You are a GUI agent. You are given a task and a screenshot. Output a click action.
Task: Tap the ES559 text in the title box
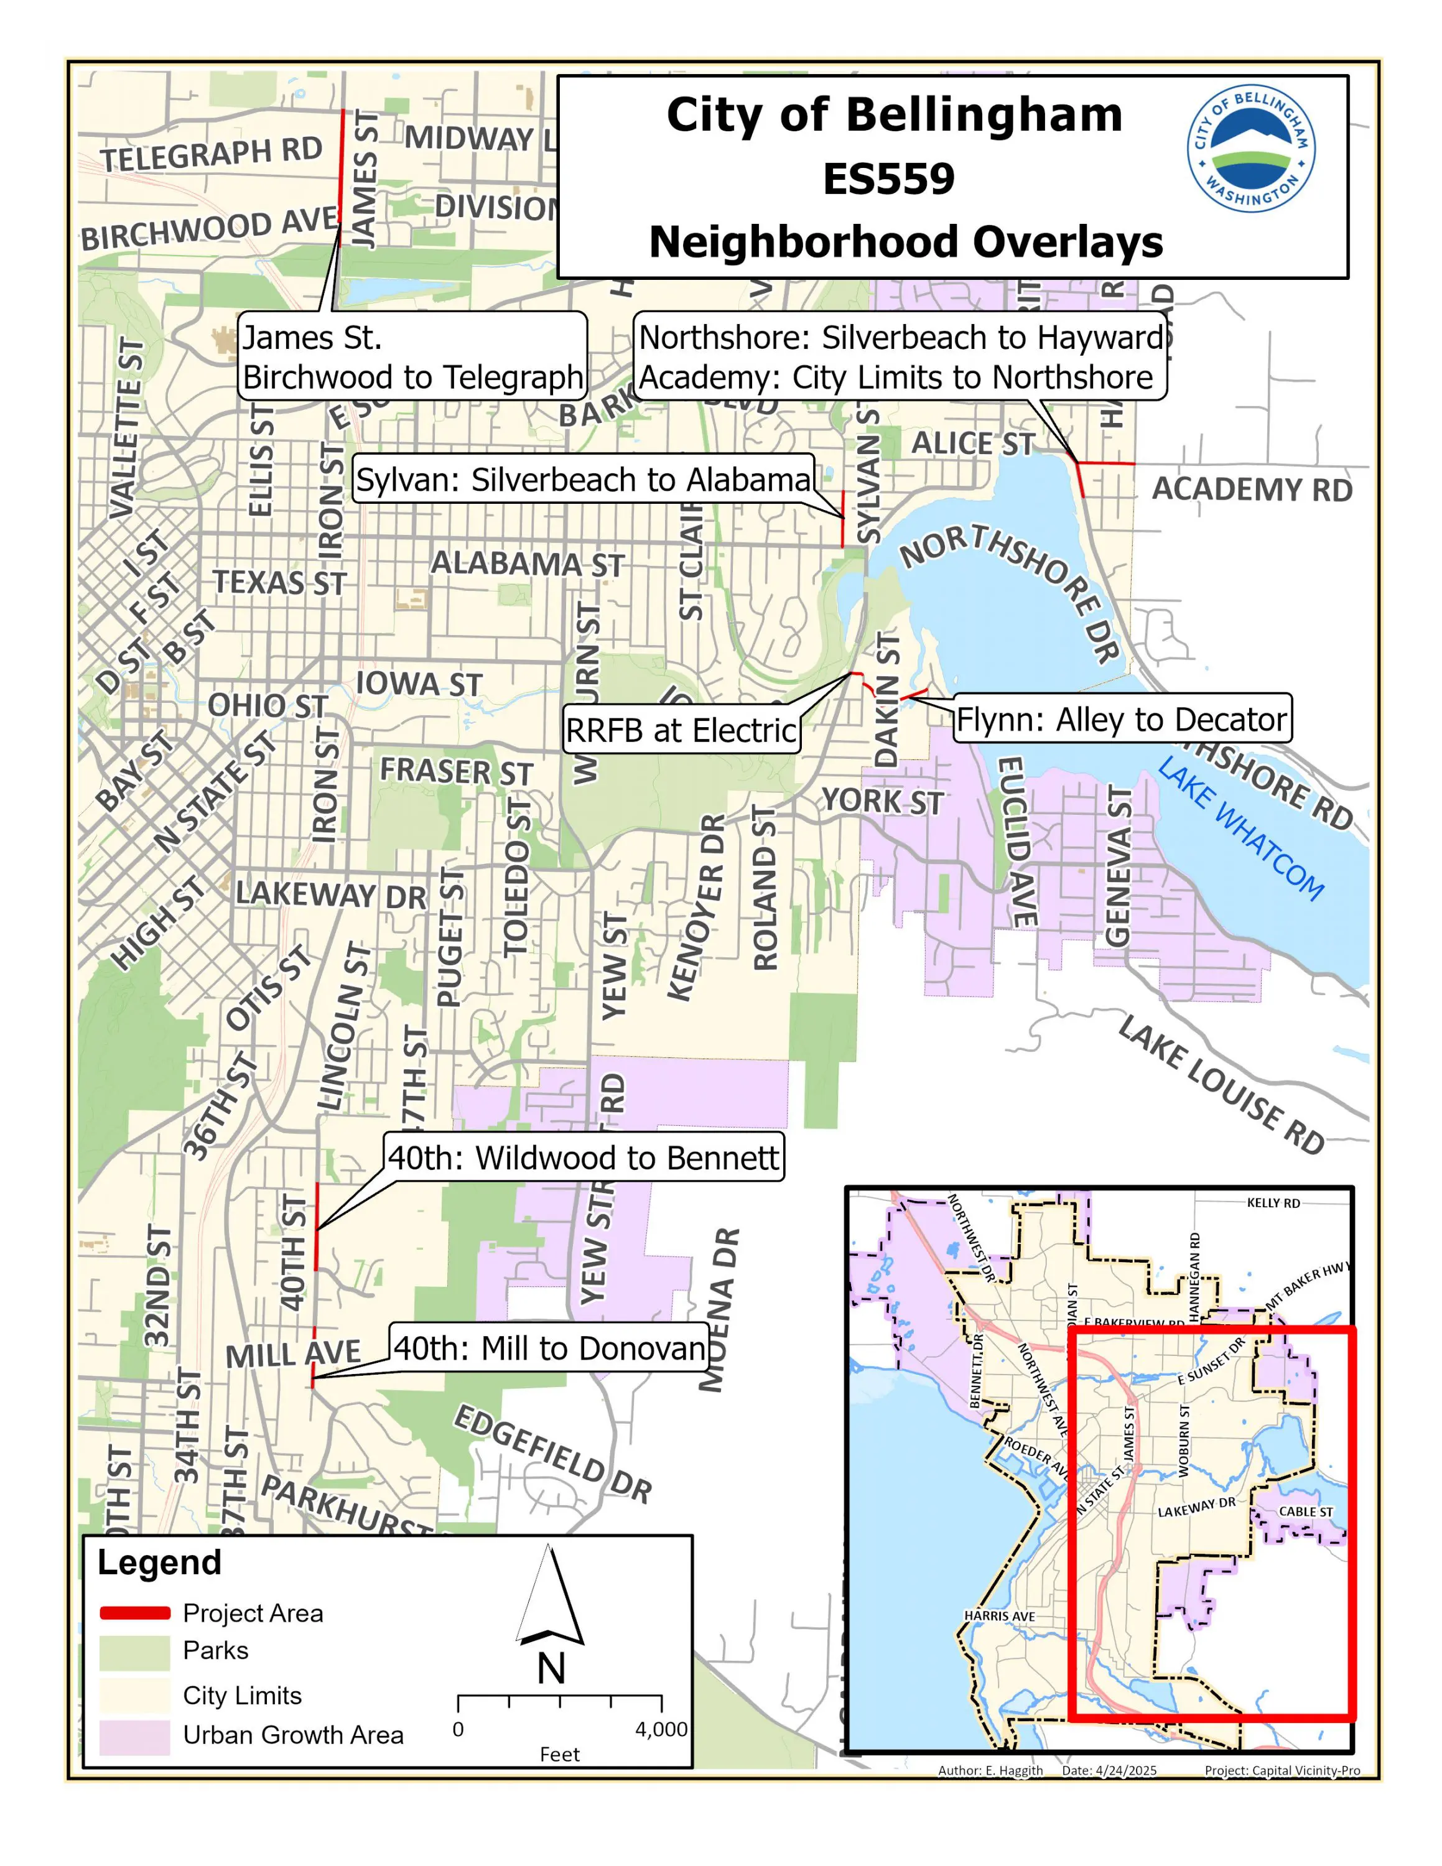[x=888, y=179]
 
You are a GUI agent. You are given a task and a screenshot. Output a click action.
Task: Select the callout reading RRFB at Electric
[x=682, y=730]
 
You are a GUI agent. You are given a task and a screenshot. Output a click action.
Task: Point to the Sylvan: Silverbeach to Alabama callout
[x=584, y=480]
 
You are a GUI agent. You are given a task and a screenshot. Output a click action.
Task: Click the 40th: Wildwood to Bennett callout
[x=584, y=1157]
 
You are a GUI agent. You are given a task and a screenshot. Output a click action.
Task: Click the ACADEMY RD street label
[x=1252, y=490]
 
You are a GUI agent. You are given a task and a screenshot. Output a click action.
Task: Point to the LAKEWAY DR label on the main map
[x=330, y=894]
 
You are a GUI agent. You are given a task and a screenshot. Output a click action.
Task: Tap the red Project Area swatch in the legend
[x=135, y=1612]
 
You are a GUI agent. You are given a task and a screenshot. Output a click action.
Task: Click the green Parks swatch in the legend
[x=135, y=1653]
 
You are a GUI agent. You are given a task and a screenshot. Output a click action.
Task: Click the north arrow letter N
[x=551, y=1669]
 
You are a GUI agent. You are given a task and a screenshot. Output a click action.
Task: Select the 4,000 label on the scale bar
[x=661, y=1729]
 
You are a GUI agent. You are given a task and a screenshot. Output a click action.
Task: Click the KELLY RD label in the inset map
[x=1273, y=1203]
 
